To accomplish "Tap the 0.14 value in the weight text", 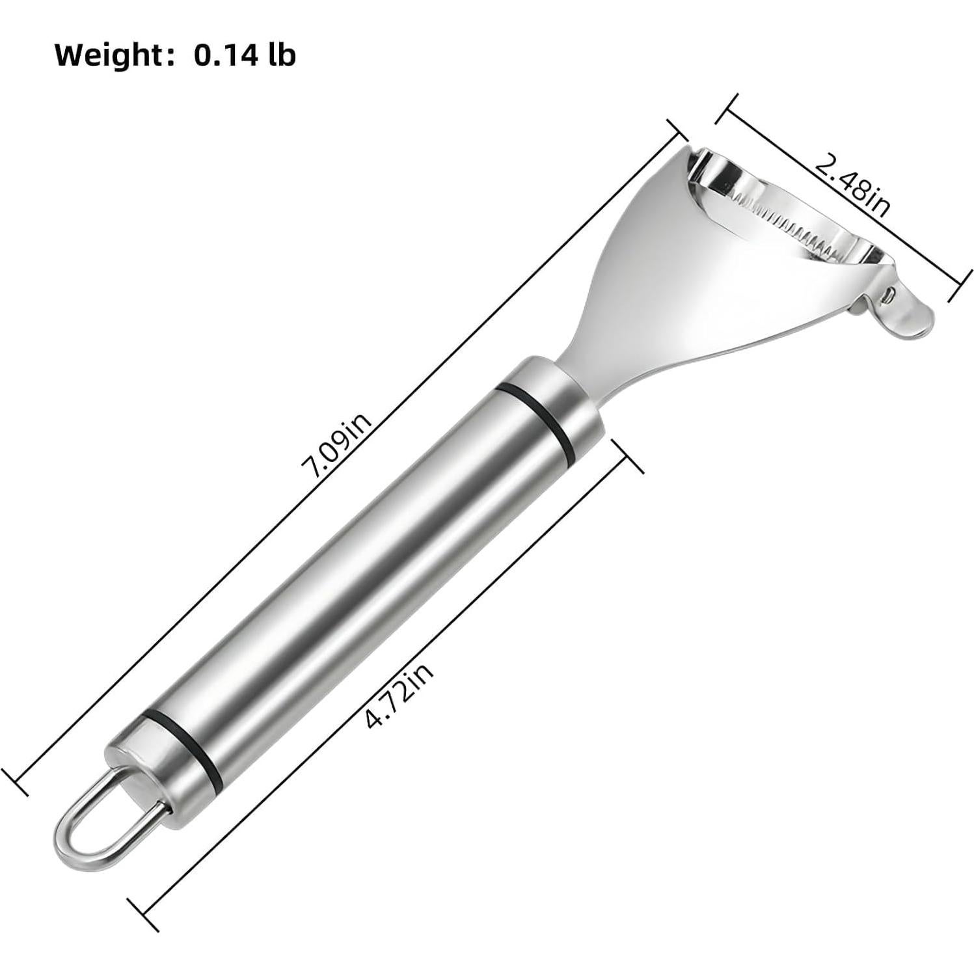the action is (218, 55).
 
